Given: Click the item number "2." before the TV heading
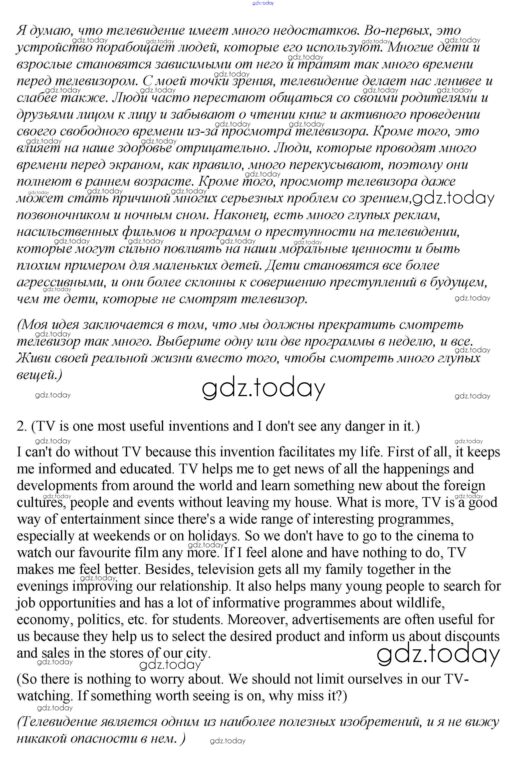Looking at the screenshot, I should click(x=22, y=426).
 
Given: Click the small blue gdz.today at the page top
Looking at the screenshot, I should click(x=263, y=3).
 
